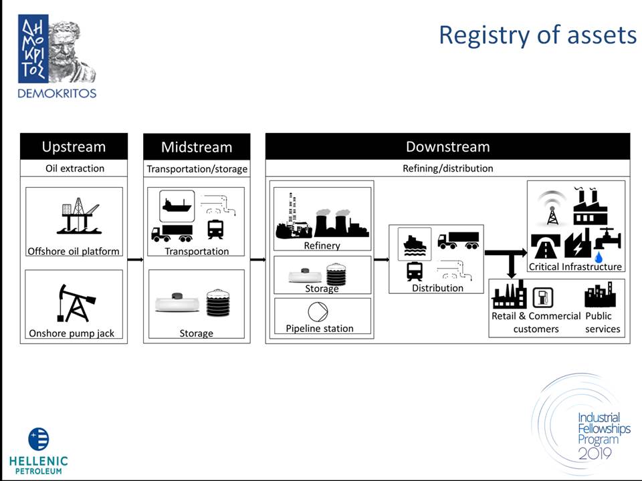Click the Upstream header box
[x=74, y=146]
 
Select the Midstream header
[x=197, y=146]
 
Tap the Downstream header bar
[x=447, y=146]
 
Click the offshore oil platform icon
[x=79, y=216]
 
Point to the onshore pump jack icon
[x=76, y=303]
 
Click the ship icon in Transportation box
[x=177, y=204]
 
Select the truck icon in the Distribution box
[x=459, y=240]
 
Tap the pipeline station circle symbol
[x=318, y=312]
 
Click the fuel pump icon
[x=543, y=297]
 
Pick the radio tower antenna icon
[x=552, y=208]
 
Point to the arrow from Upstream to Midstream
[x=135, y=259]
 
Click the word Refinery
[x=322, y=245]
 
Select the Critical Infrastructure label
[x=575, y=267]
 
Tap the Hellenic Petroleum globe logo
[x=39, y=439]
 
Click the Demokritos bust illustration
[x=72, y=51]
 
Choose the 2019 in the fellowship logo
[x=595, y=453]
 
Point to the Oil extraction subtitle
[x=75, y=168]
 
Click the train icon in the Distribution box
[x=415, y=271]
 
